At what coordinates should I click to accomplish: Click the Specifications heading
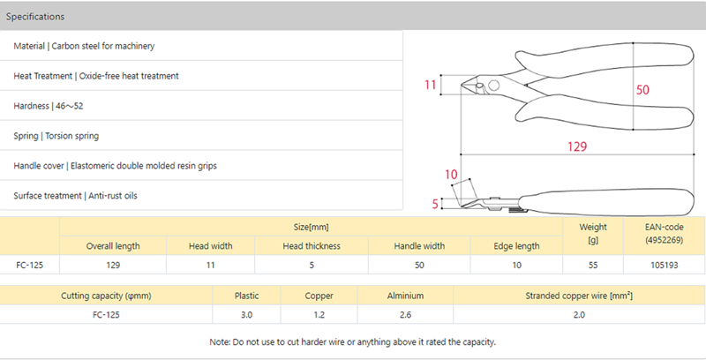35,17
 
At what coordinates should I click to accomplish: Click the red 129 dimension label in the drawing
577,146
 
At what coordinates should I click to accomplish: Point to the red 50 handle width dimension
642,90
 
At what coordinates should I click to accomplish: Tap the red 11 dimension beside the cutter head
430,85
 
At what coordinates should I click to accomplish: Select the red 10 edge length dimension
451,175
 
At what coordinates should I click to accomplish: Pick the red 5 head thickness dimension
435,205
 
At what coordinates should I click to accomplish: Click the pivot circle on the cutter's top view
493,85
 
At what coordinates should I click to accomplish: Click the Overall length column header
113,246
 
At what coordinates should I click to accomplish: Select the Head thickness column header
312,246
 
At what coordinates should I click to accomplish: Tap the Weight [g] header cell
593,234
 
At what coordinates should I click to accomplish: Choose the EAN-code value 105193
665,265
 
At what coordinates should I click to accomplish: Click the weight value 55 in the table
593,265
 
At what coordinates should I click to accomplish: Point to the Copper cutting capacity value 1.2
319,314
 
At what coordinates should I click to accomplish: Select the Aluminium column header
405,296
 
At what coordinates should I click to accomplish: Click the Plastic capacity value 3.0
246,314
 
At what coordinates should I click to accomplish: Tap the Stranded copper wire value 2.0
579,314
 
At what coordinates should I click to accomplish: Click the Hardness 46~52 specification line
49,106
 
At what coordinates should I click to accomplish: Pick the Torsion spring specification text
72,136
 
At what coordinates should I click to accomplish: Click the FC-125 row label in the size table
30,265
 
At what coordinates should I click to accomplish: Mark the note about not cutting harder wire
352,342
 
